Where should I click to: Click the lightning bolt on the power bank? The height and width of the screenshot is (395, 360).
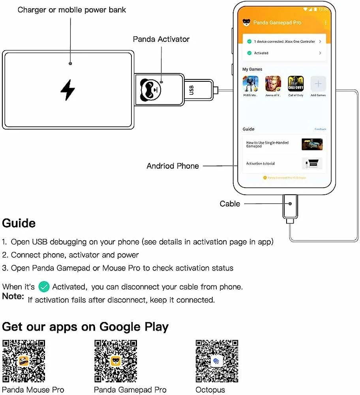[x=67, y=90]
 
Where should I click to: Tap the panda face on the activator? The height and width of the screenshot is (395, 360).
[x=151, y=89]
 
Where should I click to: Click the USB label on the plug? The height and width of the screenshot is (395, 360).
[x=192, y=90]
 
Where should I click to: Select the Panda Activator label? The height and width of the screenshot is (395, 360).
[x=161, y=39]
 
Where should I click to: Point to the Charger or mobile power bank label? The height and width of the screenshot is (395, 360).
[x=71, y=9]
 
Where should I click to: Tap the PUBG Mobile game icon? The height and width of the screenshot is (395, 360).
[x=250, y=84]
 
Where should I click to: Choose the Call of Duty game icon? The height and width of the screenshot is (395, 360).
[x=295, y=84]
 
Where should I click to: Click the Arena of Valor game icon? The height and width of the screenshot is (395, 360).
[x=273, y=84]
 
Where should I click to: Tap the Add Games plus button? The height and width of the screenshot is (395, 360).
[x=318, y=84]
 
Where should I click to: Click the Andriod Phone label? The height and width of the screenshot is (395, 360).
[x=172, y=166]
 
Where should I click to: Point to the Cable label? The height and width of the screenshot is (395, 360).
[x=230, y=204]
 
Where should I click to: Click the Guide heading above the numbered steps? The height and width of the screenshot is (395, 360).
[x=19, y=223]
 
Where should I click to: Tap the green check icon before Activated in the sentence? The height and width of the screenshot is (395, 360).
[x=44, y=287]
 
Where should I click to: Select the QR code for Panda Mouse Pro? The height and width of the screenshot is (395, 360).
[x=24, y=361]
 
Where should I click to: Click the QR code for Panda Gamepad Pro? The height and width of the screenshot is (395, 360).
[x=116, y=361]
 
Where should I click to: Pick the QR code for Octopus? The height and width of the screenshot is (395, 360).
[x=217, y=361]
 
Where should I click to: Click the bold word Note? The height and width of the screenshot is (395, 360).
[x=13, y=296]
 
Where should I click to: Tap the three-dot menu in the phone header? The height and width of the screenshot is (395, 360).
[x=326, y=23]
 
